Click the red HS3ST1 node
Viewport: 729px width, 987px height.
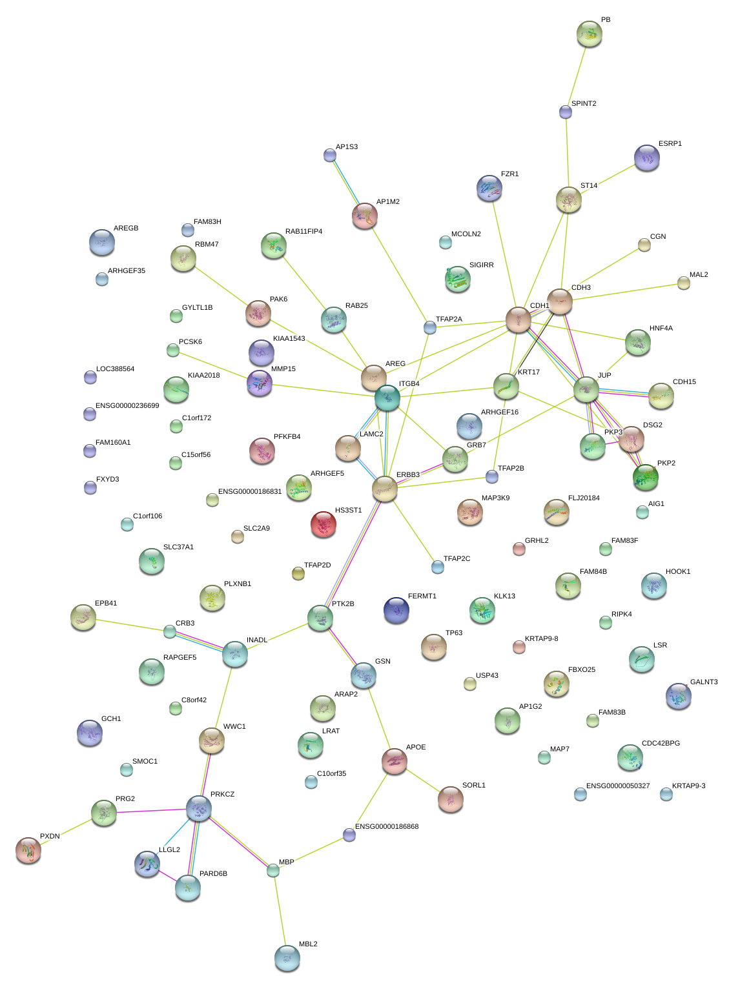[323, 525]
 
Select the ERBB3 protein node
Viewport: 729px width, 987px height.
[385, 489]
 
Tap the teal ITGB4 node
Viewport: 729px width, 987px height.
[387, 397]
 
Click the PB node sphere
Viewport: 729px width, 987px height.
[589, 34]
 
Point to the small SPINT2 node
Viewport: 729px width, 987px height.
[566, 112]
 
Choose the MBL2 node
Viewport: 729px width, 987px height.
[287, 958]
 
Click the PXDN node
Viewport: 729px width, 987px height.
[28, 850]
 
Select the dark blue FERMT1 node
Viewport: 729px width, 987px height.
[396, 610]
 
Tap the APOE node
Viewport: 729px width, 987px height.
[395, 761]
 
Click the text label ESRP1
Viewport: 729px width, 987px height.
[670, 144]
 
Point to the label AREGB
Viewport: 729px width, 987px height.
[126, 229]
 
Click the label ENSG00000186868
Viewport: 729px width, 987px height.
[387, 826]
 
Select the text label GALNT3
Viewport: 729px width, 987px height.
[704, 682]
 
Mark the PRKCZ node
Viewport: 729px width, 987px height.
[199, 808]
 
